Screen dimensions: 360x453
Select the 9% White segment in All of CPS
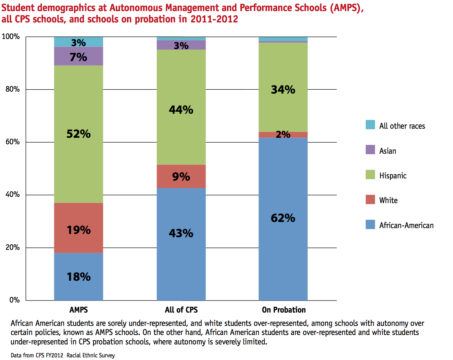pyautogui.click(x=181, y=176)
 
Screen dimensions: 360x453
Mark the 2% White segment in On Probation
pyautogui.click(x=283, y=135)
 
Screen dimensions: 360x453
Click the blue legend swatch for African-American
pyautogui.click(x=370, y=225)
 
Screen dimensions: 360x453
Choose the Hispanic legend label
pyautogui.click(x=393, y=176)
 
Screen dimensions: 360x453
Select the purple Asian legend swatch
pyautogui.click(x=370, y=150)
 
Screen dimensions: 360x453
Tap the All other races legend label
pyautogui.click(x=402, y=126)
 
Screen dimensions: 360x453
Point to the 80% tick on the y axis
pyautogui.click(x=13, y=89)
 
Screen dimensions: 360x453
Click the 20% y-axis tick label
pyautogui.click(x=13, y=248)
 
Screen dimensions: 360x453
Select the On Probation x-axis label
pyautogui.click(x=284, y=310)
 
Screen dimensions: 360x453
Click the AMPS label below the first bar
pyautogui.click(x=79, y=310)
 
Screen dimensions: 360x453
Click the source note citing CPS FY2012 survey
pyautogui.click(x=63, y=355)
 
